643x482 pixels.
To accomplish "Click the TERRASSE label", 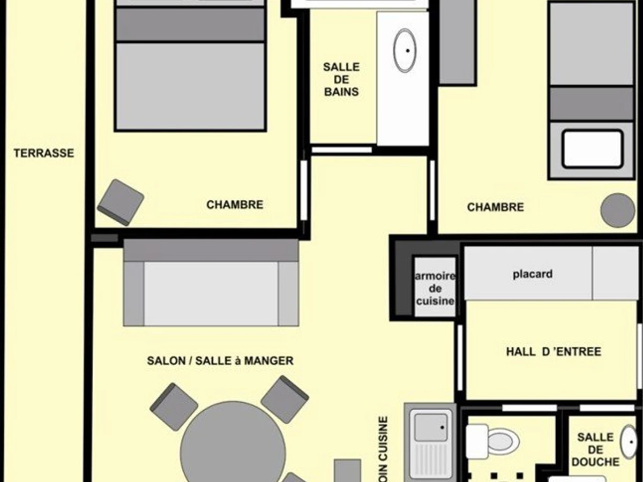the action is click(44, 153).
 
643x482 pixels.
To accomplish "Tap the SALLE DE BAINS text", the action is click(341, 79).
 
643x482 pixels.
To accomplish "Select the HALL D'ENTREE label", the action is click(554, 351).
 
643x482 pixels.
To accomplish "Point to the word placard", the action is click(533, 274).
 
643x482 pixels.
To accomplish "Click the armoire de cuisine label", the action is click(435, 289).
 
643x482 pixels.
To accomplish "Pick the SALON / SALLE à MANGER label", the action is click(220, 361).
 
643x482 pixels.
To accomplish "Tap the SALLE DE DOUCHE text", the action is click(595, 449).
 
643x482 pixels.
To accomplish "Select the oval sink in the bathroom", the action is click(405, 51).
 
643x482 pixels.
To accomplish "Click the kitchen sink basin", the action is click(431, 427).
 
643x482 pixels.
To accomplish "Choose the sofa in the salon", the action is click(211, 283).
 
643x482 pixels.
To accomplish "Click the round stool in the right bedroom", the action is click(617, 210).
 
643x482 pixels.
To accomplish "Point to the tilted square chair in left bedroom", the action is click(121, 202).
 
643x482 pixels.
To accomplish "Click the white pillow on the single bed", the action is click(592, 149).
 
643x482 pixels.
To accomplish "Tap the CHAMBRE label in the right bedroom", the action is click(495, 207).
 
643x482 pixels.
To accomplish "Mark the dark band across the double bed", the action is click(190, 25).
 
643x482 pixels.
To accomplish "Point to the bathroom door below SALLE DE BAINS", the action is click(341, 150).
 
